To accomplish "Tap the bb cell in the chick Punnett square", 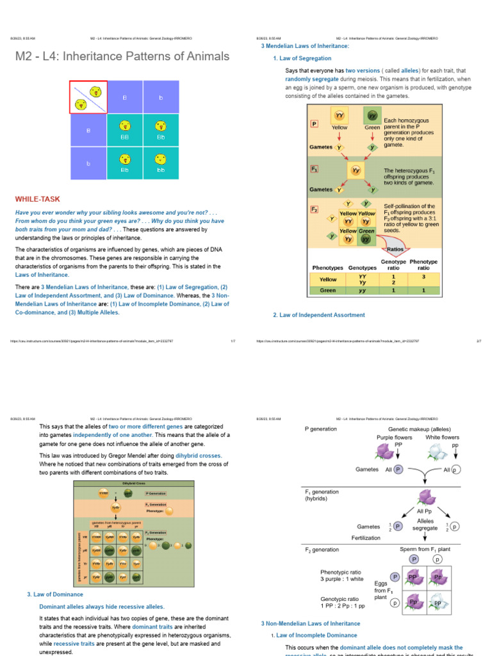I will point(161,163).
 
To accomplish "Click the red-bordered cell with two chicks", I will point(88,97).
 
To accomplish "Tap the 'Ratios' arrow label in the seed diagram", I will point(395,250).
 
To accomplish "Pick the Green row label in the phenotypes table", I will point(328,290).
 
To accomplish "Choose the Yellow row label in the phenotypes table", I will point(328,279).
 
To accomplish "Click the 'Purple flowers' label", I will point(394,438).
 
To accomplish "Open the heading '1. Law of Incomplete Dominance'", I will point(307,635).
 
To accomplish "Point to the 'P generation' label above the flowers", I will point(325,429).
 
